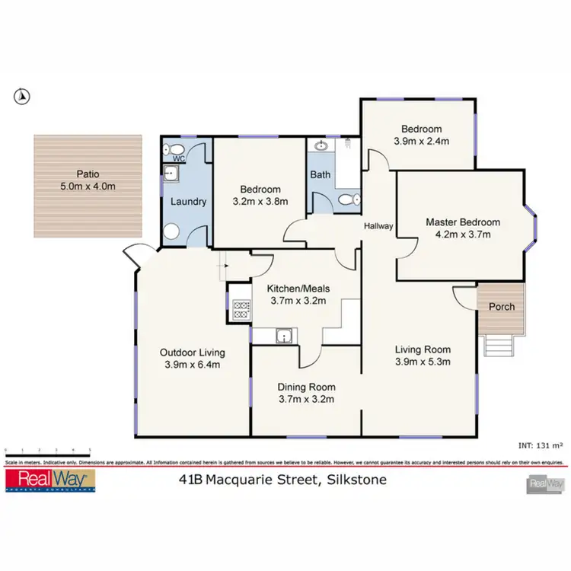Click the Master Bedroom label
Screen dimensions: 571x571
click(x=463, y=222)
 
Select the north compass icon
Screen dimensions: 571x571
click(x=23, y=96)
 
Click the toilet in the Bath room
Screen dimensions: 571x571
click(x=348, y=199)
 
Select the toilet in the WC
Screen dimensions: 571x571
click(x=174, y=149)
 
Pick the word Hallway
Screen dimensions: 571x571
click(x=378, y=226)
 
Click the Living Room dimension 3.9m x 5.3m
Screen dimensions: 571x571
click(x=423, y=362)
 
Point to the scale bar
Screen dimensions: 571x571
click(x=47, y=451)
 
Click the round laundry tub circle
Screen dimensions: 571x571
click(x=173, y=232)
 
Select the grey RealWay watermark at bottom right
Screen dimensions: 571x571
click(x=546, y=483)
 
